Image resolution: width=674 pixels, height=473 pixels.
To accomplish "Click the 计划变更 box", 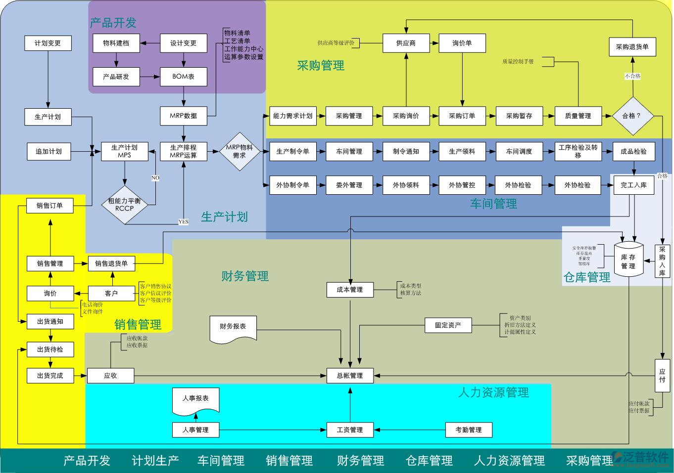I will tap(48, 43).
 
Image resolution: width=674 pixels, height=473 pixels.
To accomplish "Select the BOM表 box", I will tap(183, 77).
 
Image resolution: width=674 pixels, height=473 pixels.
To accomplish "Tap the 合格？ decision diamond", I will tap(632, 116).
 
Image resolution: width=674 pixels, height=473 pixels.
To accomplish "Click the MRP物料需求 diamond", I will tap(240, 151).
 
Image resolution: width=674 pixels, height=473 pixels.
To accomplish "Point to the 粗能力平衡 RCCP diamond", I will tap(125, 204).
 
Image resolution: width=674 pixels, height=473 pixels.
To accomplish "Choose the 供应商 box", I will tap(406, 43).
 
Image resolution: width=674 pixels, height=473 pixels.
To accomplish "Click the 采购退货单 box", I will tap(632, 47).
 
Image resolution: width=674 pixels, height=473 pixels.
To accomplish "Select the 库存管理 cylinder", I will tap(628, 258).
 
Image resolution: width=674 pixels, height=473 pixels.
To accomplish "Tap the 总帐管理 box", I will tap(350, 376).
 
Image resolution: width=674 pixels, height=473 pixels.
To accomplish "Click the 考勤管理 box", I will tap(468, 430).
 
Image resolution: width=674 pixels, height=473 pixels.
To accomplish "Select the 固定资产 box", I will tap(448, 325).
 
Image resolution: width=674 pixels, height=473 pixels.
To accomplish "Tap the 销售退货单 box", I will tap(111, 263).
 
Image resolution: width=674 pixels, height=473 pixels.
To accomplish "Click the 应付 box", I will tap(662, 376).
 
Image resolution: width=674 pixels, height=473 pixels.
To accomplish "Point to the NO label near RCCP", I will tap(155, 178).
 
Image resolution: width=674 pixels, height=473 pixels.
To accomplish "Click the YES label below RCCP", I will tap(183, 222).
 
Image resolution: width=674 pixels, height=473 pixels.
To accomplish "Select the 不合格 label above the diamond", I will tap(632, 76).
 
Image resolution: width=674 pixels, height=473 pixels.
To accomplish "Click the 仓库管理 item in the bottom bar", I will tap(429, 461).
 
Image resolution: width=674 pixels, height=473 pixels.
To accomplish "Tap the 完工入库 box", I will tap(633, 185).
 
